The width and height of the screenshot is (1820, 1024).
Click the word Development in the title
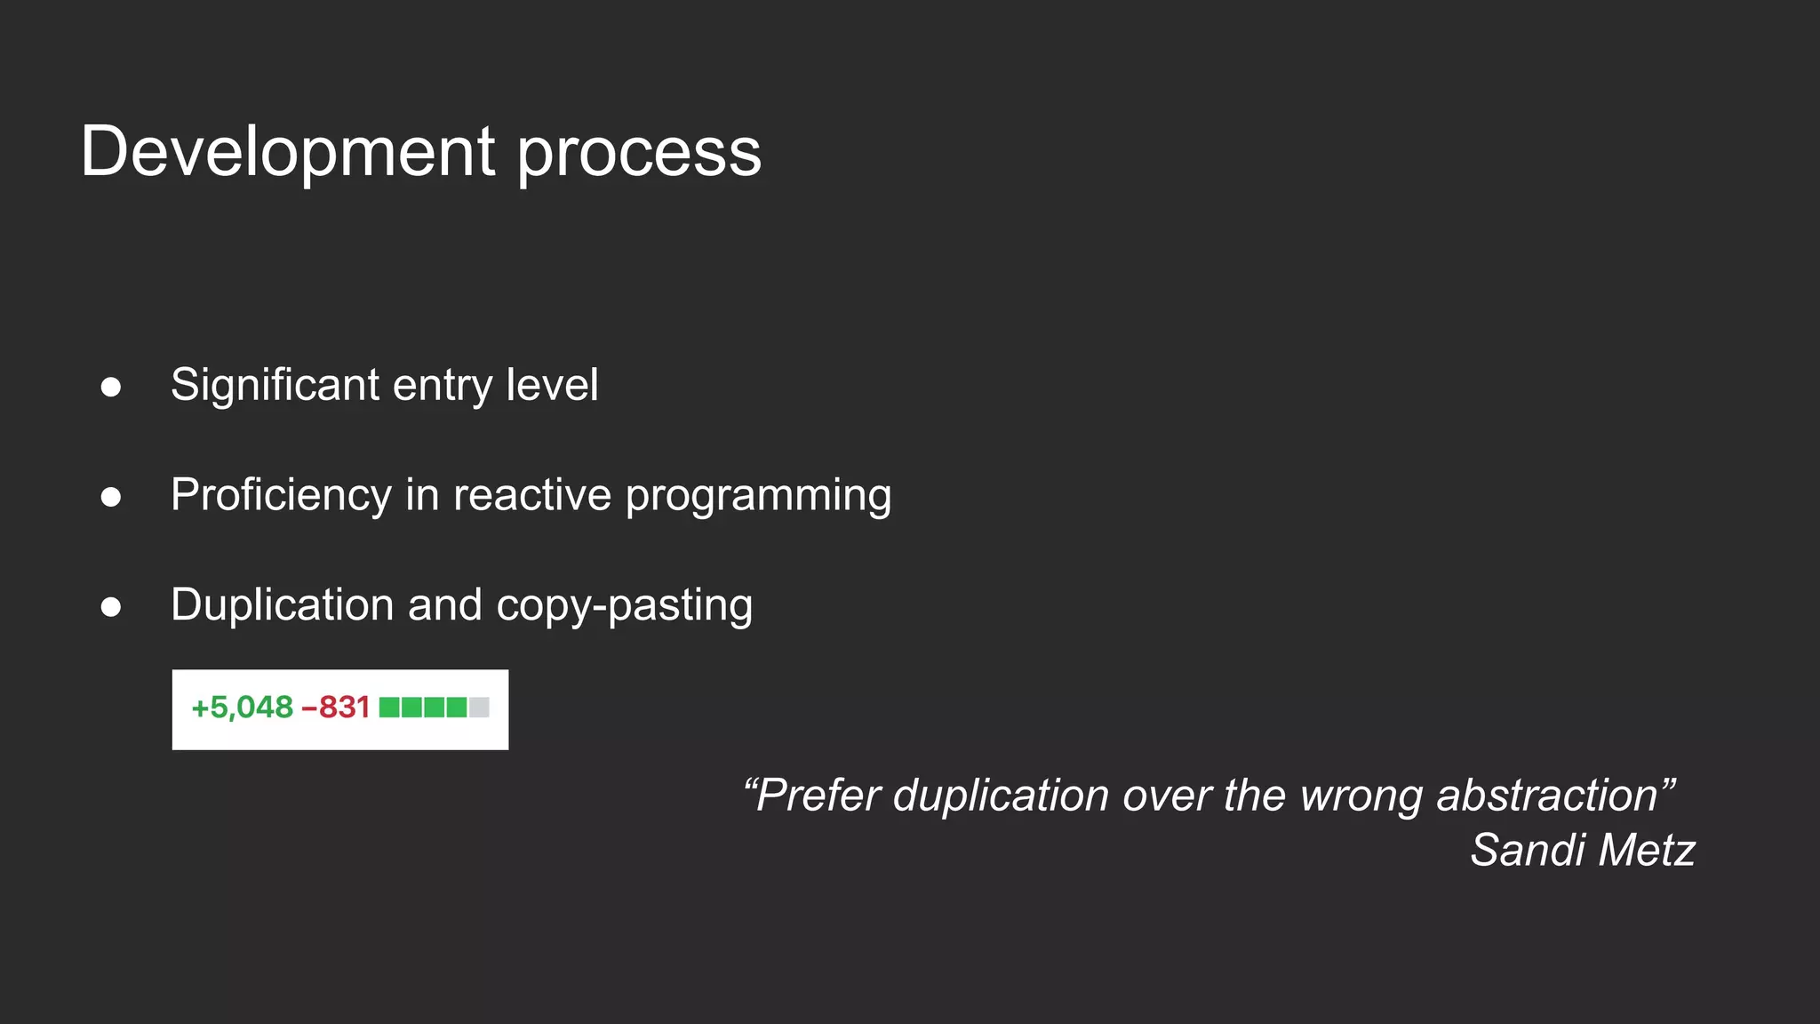287,151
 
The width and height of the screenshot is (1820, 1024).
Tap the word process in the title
639,153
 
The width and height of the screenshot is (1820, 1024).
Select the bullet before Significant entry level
111,387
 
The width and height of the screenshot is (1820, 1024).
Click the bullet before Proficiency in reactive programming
111,497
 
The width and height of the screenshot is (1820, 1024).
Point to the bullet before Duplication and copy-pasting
111,607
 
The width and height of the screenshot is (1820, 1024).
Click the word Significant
275,386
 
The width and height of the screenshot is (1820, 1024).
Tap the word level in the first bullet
552,385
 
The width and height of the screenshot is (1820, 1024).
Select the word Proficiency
281,495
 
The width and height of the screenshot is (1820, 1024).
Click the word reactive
531,495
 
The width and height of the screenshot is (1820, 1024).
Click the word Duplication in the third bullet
282,604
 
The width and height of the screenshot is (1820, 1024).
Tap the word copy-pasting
624,606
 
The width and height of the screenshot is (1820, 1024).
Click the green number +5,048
242,708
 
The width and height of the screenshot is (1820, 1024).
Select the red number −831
336,708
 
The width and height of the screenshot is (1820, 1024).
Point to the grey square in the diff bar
479,708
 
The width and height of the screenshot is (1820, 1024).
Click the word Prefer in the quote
817,795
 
